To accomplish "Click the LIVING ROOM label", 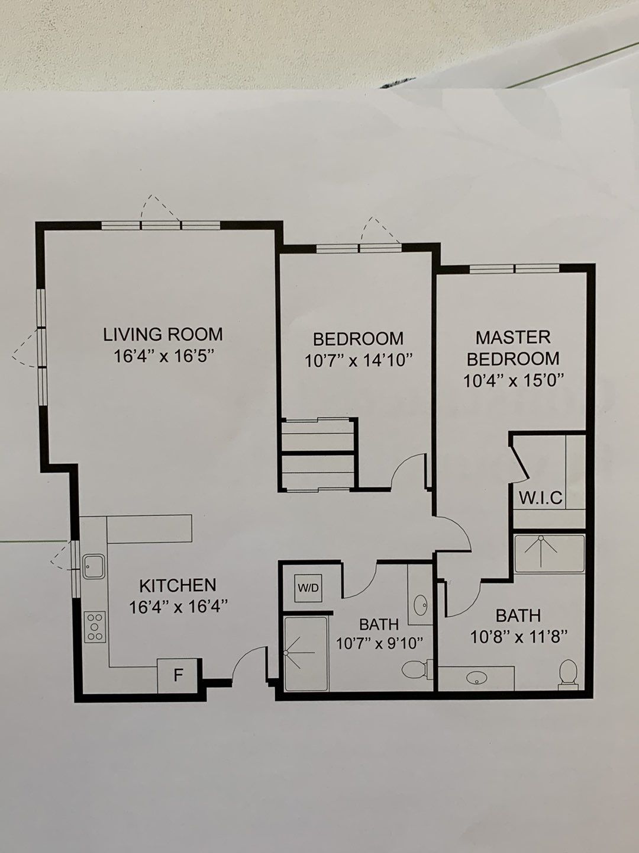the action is point(163,335).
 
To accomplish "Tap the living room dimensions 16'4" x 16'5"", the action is point(164,357).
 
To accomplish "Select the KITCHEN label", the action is point(177,585).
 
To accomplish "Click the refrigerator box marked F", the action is point(178,676).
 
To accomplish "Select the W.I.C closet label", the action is point(540,498).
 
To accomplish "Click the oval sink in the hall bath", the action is point(421,605).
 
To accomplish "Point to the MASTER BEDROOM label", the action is point(513,348).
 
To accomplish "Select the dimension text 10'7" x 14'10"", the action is point(358,361).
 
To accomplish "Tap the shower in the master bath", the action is point(550,553).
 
